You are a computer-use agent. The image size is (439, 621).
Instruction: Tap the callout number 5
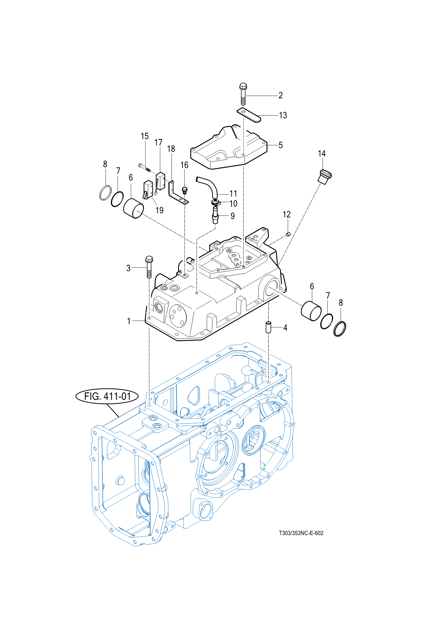coord(281,145)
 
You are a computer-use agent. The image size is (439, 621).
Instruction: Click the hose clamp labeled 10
coord(215,202)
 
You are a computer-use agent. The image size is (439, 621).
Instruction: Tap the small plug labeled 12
coord(288,234)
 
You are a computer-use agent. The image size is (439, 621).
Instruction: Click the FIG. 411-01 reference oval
coord(107,396)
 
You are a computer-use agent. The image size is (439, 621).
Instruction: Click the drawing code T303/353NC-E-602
coord(301,533)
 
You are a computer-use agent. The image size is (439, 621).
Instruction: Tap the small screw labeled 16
coord(184,190)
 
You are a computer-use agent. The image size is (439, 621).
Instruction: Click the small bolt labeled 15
coord(145,168)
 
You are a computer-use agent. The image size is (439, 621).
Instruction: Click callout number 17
coord(158,142)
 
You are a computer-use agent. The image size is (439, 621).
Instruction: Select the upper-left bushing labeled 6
coord(133,208)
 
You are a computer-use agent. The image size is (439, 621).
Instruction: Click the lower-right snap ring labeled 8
coord(340,329)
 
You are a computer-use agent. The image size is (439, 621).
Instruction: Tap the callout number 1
coord(128,321)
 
